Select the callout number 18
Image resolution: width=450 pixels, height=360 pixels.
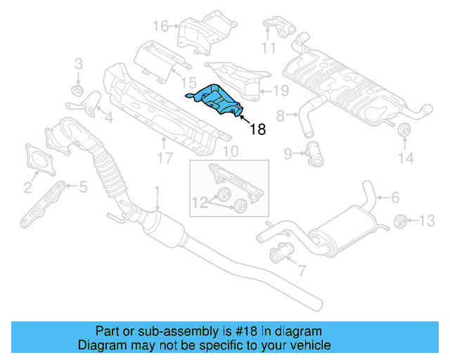(259, 129)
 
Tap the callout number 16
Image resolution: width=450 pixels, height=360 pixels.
(160, 27)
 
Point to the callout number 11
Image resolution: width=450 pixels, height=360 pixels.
(269, 48)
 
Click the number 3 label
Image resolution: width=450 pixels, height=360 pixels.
(78, 63)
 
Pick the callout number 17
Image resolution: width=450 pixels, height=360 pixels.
(164, 159)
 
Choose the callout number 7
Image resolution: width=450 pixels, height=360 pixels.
(302, 269)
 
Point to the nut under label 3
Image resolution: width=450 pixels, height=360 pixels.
(78, 91)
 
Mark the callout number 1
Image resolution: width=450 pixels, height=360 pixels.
(157, 190)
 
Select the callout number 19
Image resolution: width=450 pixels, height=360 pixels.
(281, 89)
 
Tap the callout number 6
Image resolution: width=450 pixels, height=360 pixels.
(395, 198)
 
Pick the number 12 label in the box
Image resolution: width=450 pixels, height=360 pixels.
(199, 203)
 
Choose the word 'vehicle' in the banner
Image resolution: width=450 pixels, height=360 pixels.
(311, 345)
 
